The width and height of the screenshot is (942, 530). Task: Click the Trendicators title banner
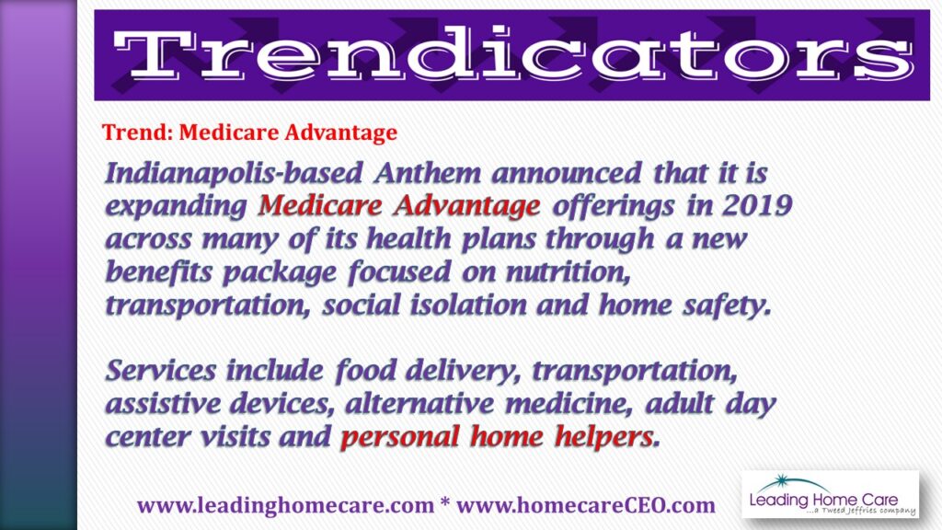[x=511, y=55]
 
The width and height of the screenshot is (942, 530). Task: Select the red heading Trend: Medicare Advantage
[x=249, y=132]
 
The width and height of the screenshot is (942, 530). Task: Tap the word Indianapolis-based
[x=235, y=174]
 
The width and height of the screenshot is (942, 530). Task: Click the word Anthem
[x=427, y=174]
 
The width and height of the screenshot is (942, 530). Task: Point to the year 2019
[x=758, y=205]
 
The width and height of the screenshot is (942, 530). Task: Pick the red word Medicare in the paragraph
[x=320, y=206]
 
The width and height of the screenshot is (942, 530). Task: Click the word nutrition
[x=569, y=272]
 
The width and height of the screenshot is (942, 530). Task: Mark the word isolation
[x=468, y=305]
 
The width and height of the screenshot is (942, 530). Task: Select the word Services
[x=160, y=370]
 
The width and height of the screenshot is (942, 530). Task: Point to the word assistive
[x=163, y=403]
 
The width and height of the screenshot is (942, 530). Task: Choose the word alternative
[x=419, y=403]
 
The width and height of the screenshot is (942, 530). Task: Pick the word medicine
[x=569, y=404]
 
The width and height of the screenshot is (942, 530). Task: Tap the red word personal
[x=399, y=437]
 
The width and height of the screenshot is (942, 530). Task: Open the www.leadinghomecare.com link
[x=285, y=505]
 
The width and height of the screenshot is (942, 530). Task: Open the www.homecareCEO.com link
[x=586, y=505]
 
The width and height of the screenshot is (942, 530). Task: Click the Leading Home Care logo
[x=831, y=494]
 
